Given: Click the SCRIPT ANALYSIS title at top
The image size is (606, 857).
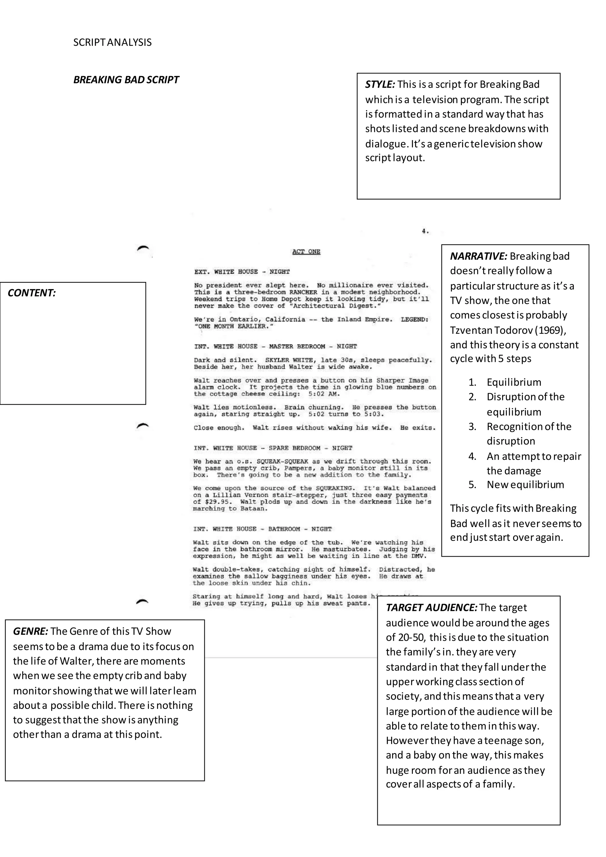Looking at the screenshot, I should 112,42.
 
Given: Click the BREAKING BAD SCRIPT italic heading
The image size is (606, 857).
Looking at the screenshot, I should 126,80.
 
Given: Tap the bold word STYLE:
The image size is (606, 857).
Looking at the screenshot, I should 380,84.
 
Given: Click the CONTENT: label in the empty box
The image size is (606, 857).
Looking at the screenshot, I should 32,293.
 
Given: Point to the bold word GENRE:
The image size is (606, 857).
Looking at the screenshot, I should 30,631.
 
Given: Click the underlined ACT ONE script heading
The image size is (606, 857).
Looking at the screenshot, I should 306,252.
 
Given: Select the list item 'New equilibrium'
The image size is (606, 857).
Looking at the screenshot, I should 525,484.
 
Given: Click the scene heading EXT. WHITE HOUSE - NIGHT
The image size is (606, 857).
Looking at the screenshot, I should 242,272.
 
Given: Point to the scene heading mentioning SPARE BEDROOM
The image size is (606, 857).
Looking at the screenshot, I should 273,448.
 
